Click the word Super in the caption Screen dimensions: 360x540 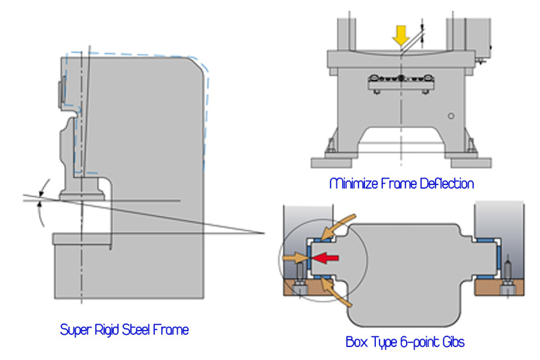[76, 330]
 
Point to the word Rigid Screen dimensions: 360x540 [114, 330]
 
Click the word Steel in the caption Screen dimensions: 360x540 [148, 330]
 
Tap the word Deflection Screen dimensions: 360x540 [445, 184]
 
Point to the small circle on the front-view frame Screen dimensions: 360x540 [451, 115]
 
